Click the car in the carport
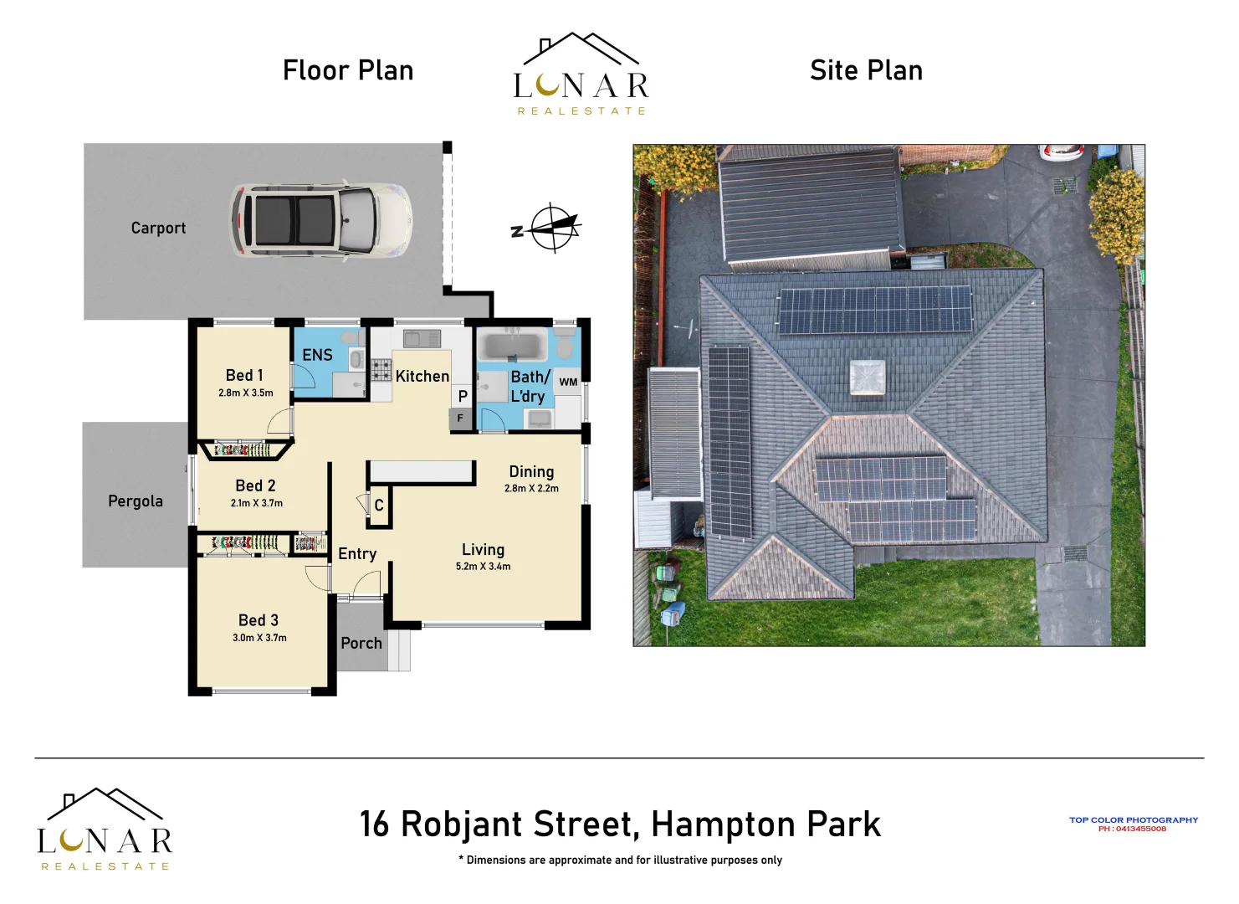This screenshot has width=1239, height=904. (320, 219)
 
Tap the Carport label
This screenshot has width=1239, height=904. (158, 228)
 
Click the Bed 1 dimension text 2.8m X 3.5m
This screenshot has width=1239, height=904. (246, 393)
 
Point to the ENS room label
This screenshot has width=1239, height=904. (317, 355)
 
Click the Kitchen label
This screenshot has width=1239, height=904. (422, 377)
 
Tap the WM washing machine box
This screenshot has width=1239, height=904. (568, 382)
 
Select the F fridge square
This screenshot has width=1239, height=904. (460, 418)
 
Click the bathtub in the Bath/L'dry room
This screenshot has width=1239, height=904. (512, 346)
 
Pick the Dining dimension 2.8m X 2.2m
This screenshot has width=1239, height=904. (531, 488)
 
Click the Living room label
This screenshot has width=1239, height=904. (483, 550)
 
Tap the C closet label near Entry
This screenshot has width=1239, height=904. (379, 506)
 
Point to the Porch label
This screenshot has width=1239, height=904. (361, 643)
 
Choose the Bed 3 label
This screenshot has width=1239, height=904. (258, 620)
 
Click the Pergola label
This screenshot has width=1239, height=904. (136, 501)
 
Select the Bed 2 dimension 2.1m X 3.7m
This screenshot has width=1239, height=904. (257, 503)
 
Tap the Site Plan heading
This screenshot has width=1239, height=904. (866, 70)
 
